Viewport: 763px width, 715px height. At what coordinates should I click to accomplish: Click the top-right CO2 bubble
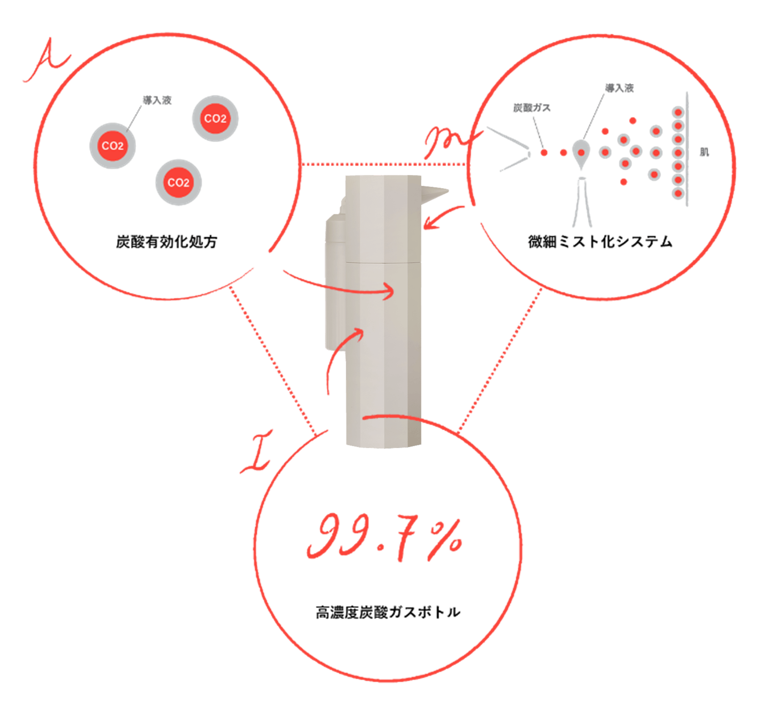215,119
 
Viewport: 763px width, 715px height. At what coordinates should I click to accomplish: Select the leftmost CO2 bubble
113,146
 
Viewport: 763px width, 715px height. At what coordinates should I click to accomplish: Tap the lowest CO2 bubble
178,183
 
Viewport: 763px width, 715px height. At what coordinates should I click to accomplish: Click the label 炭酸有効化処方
167,242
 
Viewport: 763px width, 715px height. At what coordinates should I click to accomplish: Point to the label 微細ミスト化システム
600,242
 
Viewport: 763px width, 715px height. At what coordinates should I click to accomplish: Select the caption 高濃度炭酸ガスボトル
388,612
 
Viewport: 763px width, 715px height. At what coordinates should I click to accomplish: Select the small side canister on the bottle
335,281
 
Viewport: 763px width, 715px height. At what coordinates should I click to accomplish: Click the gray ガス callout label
532,108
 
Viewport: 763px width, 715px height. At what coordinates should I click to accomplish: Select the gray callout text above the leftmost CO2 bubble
157,100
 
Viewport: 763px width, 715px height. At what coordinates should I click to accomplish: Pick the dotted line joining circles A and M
385,164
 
